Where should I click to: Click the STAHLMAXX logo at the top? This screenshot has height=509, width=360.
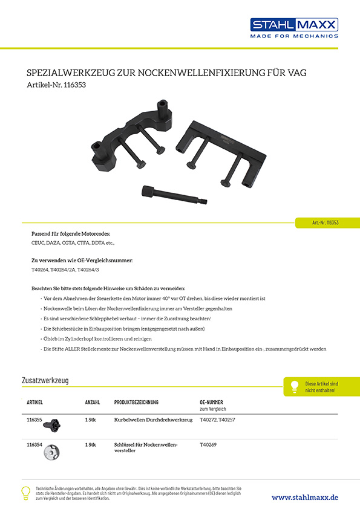(x=294, y=24)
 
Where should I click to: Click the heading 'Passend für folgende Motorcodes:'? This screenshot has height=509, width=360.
(x=70, y=233)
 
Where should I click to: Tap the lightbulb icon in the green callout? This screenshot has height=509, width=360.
(x=295, y=386)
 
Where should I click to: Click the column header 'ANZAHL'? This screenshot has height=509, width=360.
(x=93, y=402)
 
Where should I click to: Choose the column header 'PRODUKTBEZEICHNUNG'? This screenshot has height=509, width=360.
(x=136, y=402)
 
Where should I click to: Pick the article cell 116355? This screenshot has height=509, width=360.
(x=35, y=418)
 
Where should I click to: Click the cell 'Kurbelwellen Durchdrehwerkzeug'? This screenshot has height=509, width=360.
(x=149, y=418)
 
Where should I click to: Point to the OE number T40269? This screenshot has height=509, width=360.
(x=209, y=444)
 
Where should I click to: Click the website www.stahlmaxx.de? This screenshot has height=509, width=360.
(x=304, y=497)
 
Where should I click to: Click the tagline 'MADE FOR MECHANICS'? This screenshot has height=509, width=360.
(x=294, y=36)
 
